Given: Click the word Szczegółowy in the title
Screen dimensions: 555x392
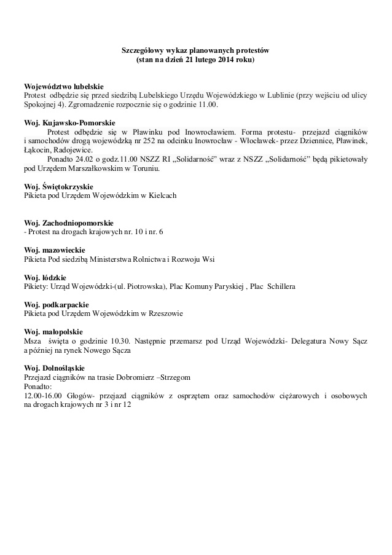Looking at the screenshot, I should click(138, 50).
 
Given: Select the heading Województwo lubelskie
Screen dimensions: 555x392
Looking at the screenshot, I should click(63, 87).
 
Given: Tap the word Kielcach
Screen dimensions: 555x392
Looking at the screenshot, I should click(162, 195).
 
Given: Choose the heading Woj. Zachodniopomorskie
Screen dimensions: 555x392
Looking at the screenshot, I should click(69, 222).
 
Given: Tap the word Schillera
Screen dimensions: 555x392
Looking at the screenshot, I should click(280, 286).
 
